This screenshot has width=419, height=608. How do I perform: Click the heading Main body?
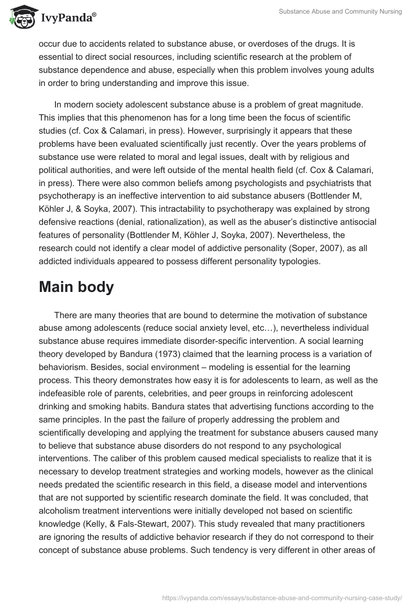point(76,287)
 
